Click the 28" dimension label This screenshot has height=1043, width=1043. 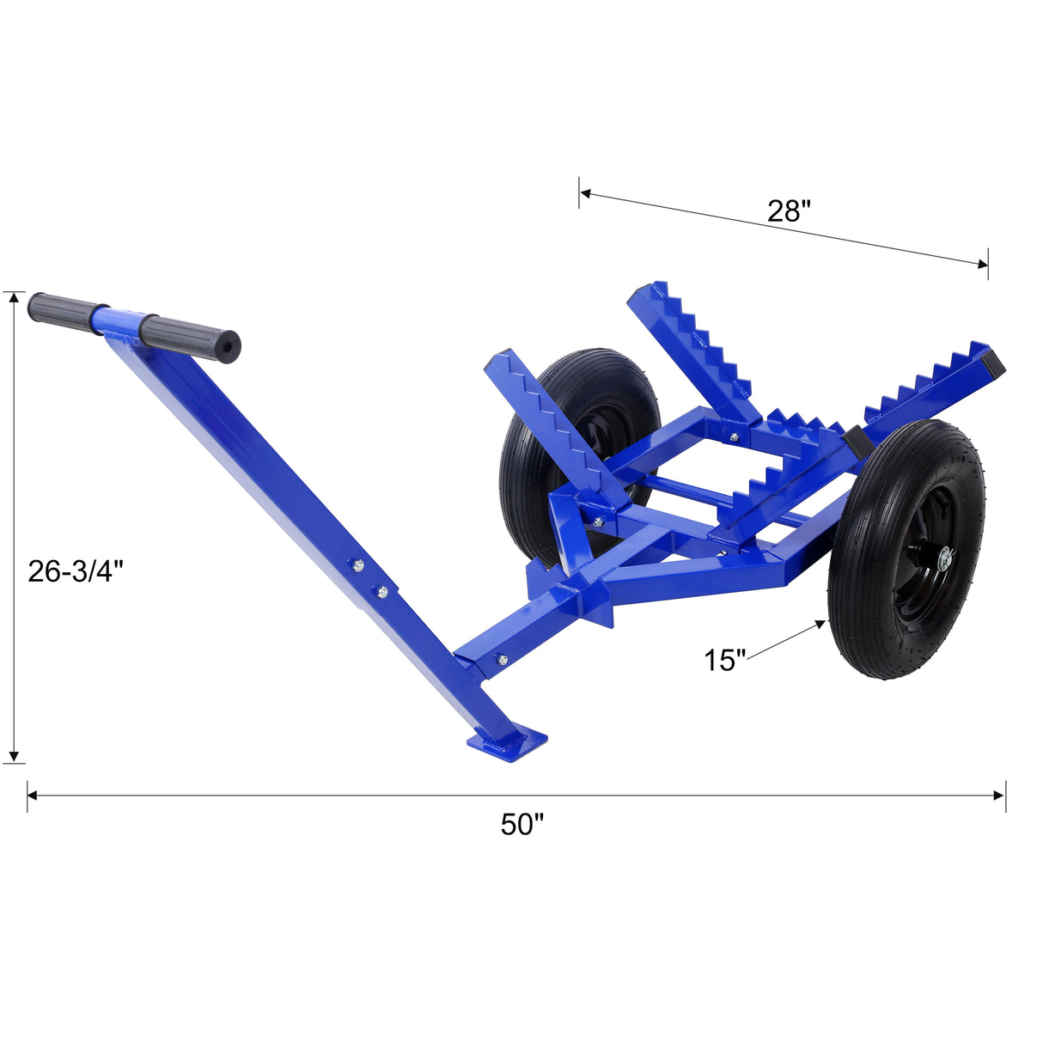[789, 210]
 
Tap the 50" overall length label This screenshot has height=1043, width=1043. [522, 824]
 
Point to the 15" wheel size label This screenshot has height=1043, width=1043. [725, 660]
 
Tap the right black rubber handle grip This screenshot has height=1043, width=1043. [191, 337]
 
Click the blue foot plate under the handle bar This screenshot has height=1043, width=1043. [507, 740]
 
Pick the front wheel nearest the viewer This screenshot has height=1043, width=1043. [906, 549]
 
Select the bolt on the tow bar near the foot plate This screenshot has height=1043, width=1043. [503, 660]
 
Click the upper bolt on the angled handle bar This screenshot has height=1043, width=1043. [358, 564]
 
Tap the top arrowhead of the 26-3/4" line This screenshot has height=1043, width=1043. [13, 297]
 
